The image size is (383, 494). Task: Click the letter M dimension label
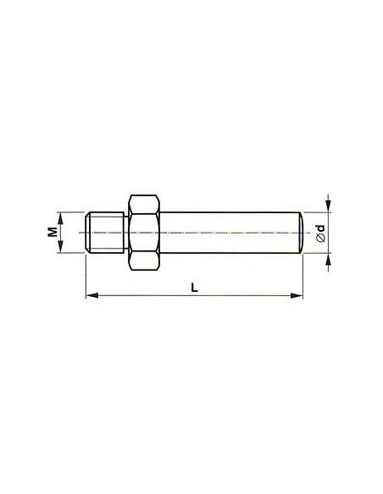point(53,232)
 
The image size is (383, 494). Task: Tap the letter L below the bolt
point(195,288)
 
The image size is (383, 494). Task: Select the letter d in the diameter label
point(321,228)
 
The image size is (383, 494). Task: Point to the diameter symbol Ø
point(321,238)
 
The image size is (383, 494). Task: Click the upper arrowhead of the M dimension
point(61,217)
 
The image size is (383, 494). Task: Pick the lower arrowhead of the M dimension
point(61,247)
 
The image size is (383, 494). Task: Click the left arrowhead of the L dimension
point(92,295)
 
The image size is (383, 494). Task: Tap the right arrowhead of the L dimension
point(297,295)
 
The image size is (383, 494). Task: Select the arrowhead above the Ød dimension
point(329,206)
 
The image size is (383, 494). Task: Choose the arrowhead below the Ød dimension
point(329,259)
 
